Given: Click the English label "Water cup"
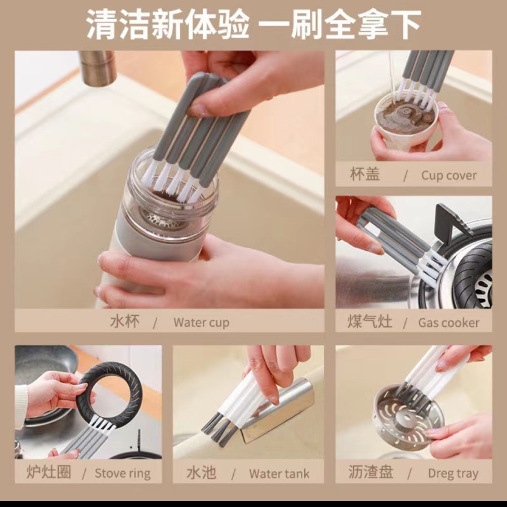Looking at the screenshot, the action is pyautogui.click(x=201, y=322).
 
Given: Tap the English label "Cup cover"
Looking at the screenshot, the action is pyautogui.click(x=449, y=175).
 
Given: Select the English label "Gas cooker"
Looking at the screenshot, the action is pyautogui.click(x=448, y=322).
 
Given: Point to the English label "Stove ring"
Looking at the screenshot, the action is pyautogui.click(x=123, y=473).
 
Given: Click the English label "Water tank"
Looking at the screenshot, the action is pyautogui.click(x=279, y=474).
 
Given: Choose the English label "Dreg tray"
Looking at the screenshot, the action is pyautogui.click(x=453, y=473).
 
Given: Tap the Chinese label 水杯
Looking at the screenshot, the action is pyautogui.click(x=125, y=322).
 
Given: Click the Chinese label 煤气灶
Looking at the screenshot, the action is pyautogui.click(x=370, y=322).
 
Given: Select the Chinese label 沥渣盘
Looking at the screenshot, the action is pyautogui.click(x=371, y=472).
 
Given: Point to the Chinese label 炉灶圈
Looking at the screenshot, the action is pyautogui.click(x=48, y=472).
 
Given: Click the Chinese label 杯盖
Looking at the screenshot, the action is pyautogui.click(x=364, y=174).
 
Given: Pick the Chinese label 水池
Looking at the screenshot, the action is pyautogui.click(x=201, y=473).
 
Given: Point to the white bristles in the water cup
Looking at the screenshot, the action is pyautogui.click(x=174, y=182).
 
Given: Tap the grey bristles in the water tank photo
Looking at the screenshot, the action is pyautogui.click(x=216, y=426).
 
